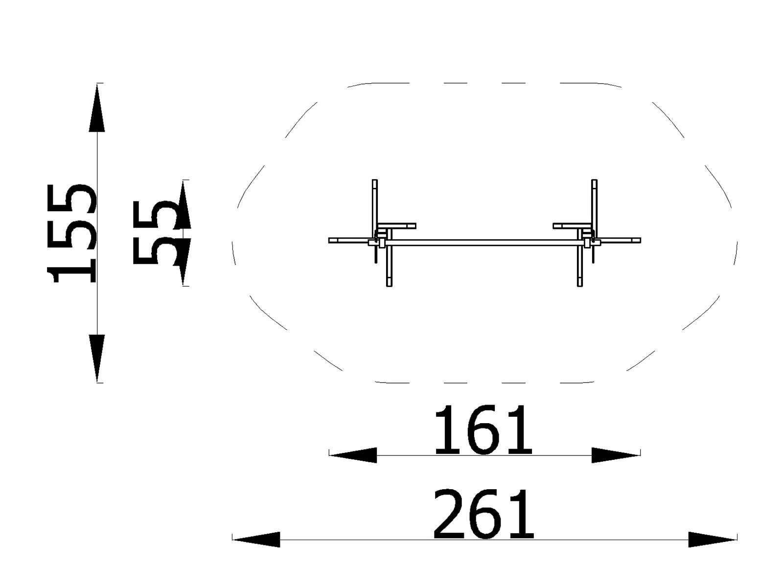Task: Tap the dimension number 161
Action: click(x=483, y=430)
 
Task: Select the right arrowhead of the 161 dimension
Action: click(x=615, y=455)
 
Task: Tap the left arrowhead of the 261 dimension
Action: click(x=256, y=540)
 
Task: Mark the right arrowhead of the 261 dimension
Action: click(x=712, y=540)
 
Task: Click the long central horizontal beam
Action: click(x=484, y=242)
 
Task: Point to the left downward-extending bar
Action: click(x=389, y=267)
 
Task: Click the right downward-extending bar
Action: click(x=580, y=267)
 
